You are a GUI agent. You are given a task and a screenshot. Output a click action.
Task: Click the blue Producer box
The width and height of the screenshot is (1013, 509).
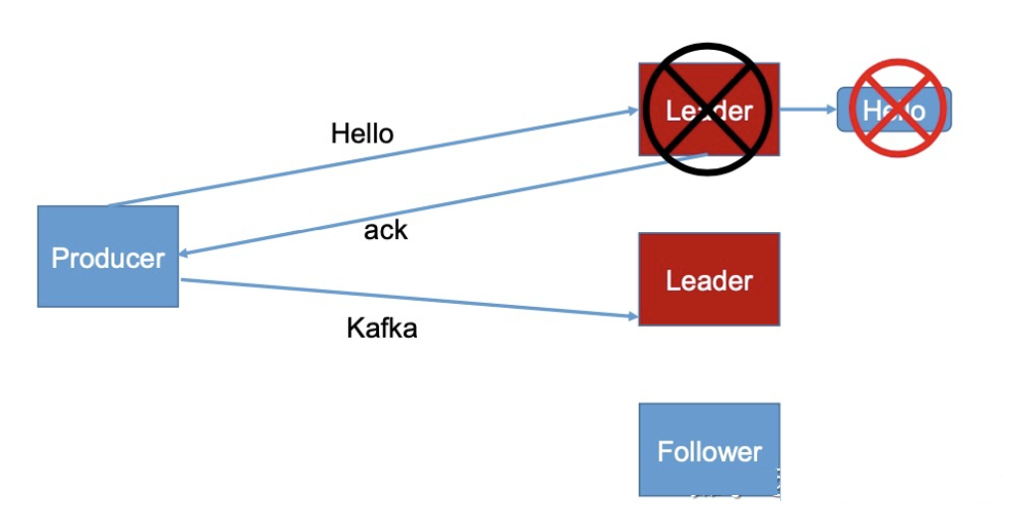(107, 256)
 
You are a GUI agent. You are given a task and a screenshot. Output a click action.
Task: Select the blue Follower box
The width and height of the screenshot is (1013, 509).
(709, 449)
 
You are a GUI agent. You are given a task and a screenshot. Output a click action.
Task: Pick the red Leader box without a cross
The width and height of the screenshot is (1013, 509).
(709, 279)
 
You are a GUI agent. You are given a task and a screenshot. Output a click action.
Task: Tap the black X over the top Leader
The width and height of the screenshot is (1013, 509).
(709, 110)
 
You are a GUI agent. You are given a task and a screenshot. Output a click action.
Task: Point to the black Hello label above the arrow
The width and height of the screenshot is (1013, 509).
(362, 133)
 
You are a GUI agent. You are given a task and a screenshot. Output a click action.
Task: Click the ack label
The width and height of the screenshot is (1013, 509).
(386, 231)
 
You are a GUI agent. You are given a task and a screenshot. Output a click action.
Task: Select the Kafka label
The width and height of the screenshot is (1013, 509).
(381, 328)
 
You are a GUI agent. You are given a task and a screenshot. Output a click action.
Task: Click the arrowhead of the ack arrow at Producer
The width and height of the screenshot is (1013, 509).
(186, 253)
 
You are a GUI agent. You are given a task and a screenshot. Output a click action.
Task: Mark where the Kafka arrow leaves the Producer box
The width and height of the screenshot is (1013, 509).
(180, 280)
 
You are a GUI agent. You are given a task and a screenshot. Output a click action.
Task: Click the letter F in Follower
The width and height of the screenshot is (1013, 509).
(665, 451)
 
